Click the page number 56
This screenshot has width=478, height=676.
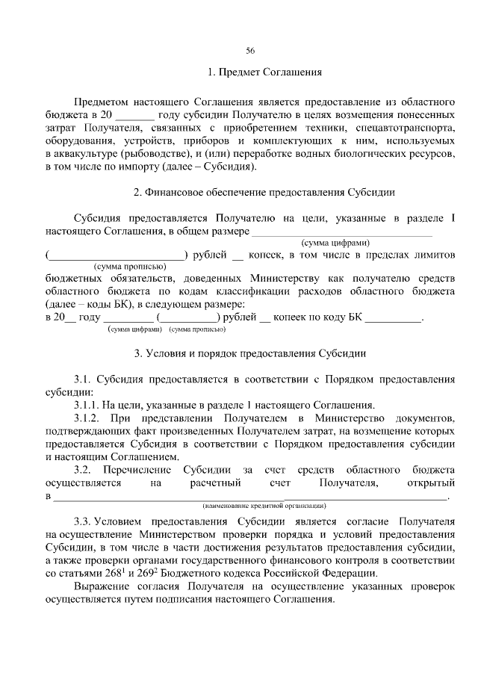coord(250,51)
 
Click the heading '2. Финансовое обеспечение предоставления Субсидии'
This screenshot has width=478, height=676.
coord(264,192)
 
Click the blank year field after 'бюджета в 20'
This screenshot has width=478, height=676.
coord(135,117)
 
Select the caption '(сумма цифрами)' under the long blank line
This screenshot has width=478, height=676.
coord(335,242)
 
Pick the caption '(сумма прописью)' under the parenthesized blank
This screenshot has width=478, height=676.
coord(119,266)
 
